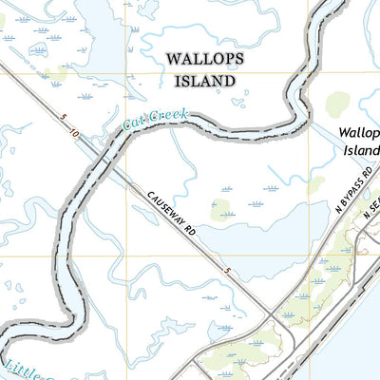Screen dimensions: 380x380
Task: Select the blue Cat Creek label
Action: point(155,120)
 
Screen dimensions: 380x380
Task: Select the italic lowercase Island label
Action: point(363,151)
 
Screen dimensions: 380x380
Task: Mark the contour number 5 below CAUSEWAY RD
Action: point(229,273)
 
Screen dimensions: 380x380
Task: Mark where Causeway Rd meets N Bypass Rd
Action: point(274,314)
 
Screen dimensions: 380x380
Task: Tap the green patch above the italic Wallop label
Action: point(339,104)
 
